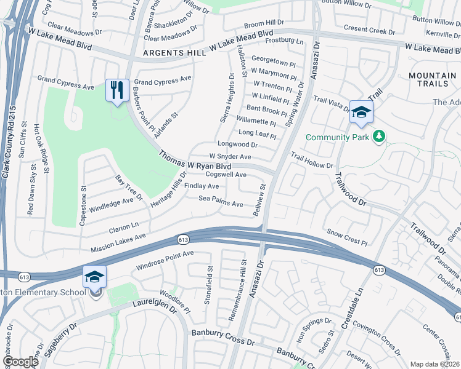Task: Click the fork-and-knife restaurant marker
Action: pos(116,90)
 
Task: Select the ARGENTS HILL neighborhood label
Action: pos(174,54)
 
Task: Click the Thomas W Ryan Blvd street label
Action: pos(195,161)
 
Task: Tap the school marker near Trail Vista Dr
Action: pos(362,112)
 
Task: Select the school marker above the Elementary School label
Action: pos(94,277)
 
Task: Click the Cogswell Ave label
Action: pos(226,175)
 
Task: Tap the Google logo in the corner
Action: pos(20,362)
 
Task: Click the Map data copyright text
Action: pos(434,364)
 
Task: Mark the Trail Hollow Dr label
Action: pos(312,161)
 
